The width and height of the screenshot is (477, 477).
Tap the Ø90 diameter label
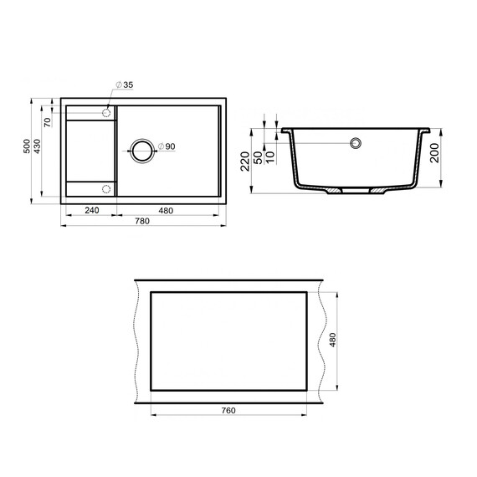point(166,147)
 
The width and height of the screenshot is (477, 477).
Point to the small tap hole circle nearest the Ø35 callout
point(106,112)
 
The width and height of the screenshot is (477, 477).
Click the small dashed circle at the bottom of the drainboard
point(106,187)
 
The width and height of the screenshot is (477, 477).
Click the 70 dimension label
point(48,122)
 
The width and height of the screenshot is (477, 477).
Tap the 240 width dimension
point(91,210)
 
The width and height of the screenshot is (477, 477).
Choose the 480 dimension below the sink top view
point(166,210)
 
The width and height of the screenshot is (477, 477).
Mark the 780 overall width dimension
point(142,221)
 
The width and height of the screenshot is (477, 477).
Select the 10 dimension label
point(269,156)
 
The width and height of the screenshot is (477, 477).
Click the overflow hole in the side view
point(355,143)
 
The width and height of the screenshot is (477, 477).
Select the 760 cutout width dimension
point(228,410)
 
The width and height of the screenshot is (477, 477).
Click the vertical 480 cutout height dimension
point(332,341)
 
